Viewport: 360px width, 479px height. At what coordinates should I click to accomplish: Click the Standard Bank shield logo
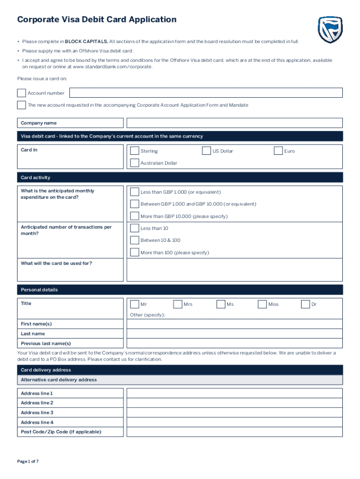pos(330,30)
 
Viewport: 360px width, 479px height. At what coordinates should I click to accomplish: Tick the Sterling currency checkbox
pos(135,151)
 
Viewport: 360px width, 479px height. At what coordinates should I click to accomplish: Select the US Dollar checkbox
pos(206,151)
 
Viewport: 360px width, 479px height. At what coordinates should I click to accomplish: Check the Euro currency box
pos(278,151)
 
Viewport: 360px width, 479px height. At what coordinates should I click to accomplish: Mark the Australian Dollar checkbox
pos(135,163)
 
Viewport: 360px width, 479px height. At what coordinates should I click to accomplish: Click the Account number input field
pos(206,93)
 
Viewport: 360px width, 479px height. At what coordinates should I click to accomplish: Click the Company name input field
pos(234,123)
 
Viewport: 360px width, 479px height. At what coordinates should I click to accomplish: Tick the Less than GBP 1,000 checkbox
pos(135,192)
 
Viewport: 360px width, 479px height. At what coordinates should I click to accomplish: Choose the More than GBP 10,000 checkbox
pos(135,216)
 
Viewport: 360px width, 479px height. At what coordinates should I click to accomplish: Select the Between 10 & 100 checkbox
pos(135,240)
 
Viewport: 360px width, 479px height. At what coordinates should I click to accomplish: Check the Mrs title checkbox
pos(178,304)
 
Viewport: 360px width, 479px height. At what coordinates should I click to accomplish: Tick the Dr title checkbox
pos(305,304)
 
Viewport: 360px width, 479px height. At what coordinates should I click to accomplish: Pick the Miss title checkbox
pos(262,304)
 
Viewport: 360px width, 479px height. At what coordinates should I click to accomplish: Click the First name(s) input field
pos(234,324)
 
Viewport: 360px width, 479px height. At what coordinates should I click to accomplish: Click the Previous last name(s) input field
pos(234,343)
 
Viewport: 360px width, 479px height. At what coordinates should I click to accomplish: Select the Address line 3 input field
pos(234,413)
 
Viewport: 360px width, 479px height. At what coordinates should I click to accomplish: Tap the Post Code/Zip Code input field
pos(234,432)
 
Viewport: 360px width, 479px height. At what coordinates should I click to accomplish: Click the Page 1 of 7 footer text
pos(28,462)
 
